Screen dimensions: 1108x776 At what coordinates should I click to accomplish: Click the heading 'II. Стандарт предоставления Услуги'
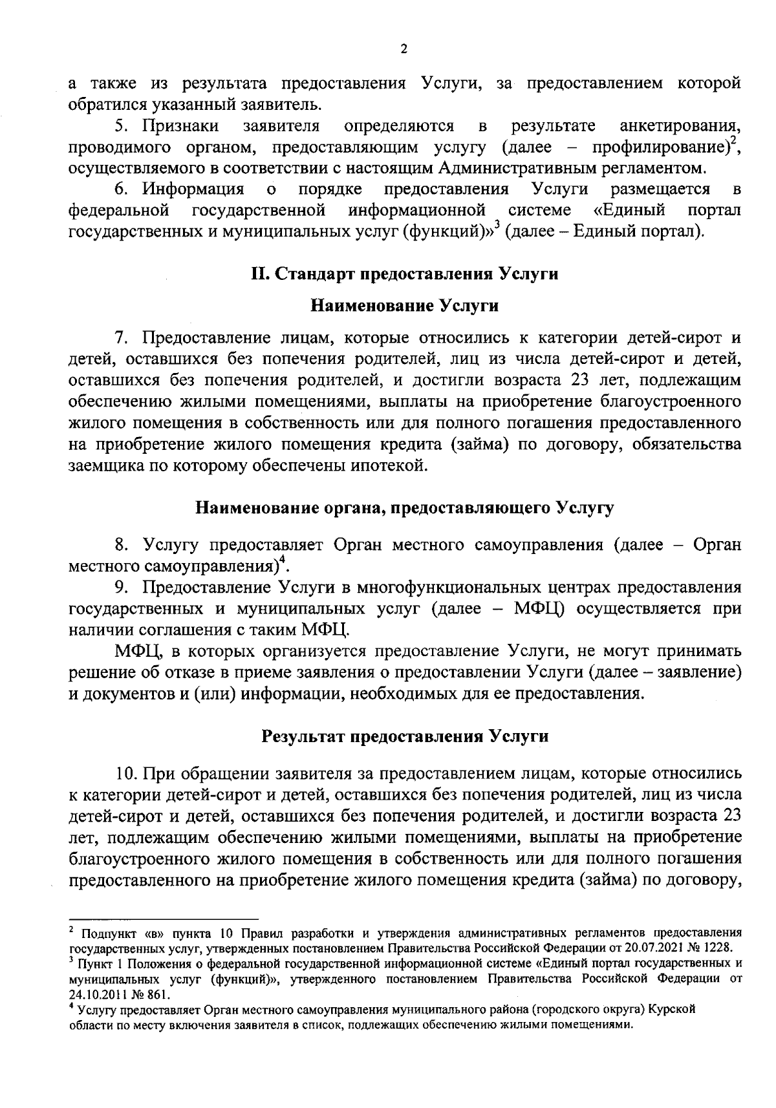405,274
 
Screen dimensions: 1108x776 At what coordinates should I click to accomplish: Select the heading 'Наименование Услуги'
405,306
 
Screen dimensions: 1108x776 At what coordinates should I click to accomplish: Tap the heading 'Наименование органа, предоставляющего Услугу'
405,507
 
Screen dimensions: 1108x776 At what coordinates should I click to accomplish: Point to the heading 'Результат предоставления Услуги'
405,736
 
